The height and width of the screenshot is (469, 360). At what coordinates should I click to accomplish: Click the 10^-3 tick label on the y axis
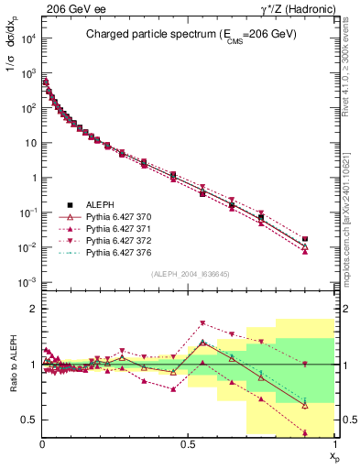[27, 282]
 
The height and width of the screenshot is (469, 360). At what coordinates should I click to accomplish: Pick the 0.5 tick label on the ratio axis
[29, 420]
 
